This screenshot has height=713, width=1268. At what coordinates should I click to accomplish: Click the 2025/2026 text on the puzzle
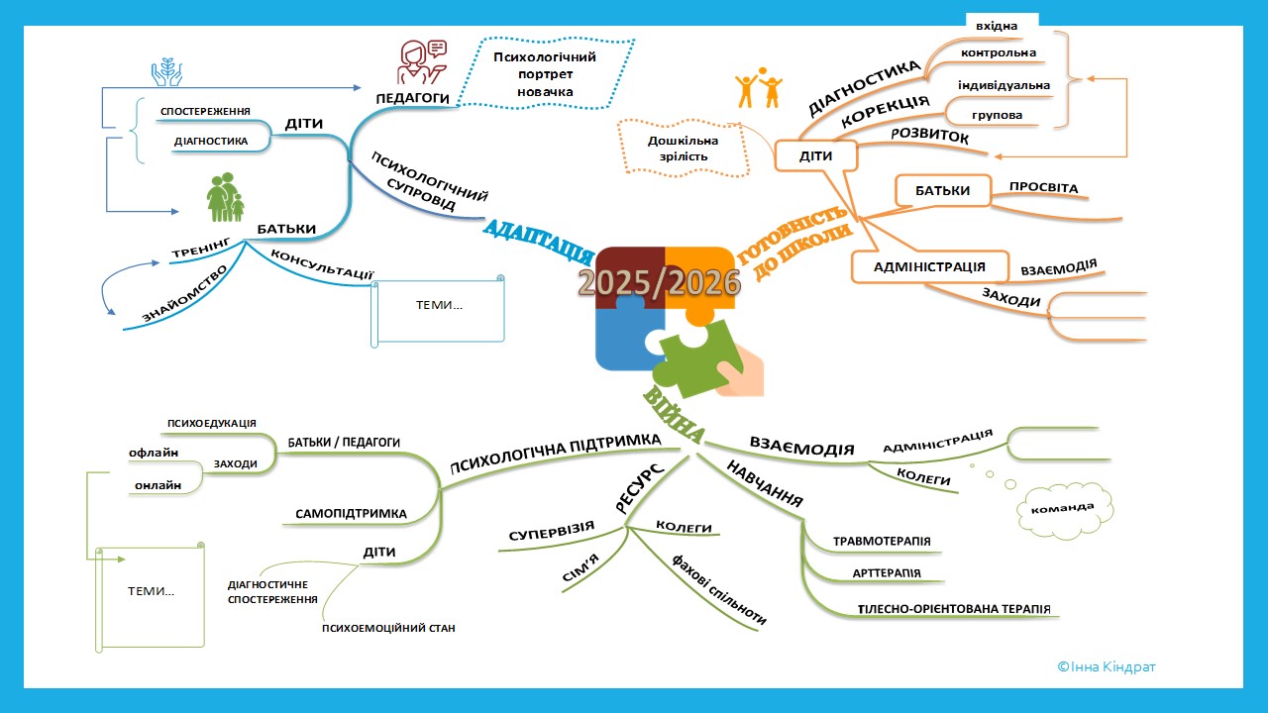coord(660,283)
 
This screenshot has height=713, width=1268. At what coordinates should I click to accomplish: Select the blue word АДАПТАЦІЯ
coord(531,241)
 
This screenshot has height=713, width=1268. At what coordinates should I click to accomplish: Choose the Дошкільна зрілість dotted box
coord(684,150)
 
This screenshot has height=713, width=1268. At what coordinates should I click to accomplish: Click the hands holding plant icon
coord(166,71)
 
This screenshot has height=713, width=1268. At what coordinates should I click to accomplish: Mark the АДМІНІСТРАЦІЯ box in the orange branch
coord(929,266)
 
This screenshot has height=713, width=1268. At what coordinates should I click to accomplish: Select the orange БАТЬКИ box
coord(942,190)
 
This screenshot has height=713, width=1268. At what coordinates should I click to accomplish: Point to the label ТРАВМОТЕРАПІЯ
coord(882,542)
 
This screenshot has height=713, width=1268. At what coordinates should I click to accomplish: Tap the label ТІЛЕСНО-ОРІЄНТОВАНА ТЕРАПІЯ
coord(940,609)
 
